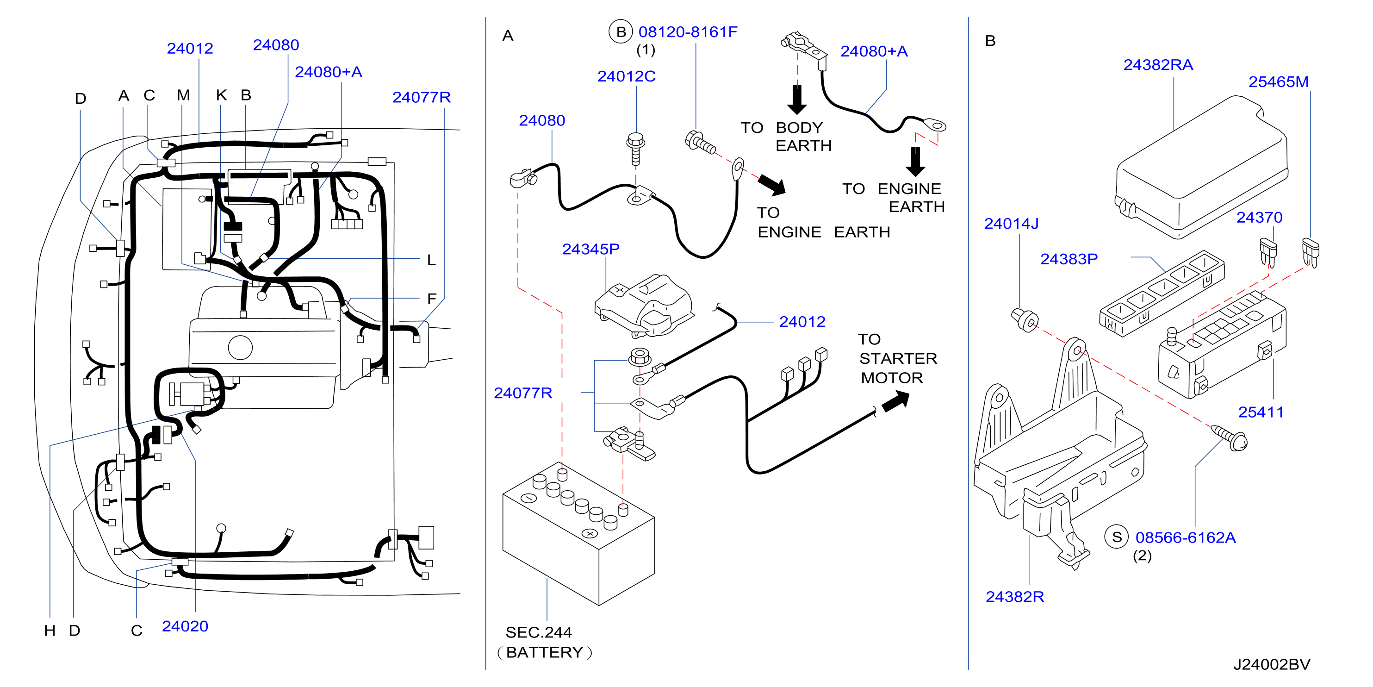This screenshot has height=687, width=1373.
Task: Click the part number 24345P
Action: click(590, 249)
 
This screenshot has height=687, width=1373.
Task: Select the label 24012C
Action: click(626, 76)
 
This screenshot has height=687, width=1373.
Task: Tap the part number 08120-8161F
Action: click(688, 32)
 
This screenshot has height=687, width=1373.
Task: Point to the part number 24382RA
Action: click(1158, 64)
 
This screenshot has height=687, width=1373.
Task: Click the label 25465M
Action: click(1279, 81)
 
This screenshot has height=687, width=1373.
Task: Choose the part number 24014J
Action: click(1011, 224)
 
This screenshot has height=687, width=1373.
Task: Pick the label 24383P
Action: click(1069, 259)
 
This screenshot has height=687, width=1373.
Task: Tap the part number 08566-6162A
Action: click(1186, 537)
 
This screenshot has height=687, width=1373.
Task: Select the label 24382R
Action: click(1015, 596)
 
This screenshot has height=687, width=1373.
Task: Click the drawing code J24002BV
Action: click(1272, 664)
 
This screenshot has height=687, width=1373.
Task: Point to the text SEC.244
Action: click(538, 632)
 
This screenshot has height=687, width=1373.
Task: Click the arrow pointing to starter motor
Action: click(896, 402)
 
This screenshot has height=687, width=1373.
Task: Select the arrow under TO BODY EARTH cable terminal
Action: click(797, 99)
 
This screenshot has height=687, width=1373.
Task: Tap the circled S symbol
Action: click(1117, 537)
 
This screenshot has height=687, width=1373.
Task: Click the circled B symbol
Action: click(621, 31)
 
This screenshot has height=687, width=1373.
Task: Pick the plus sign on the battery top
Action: click(590, 533)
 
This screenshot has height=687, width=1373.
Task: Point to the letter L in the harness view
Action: click(431, 260)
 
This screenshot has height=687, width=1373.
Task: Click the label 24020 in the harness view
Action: click(185, 626)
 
